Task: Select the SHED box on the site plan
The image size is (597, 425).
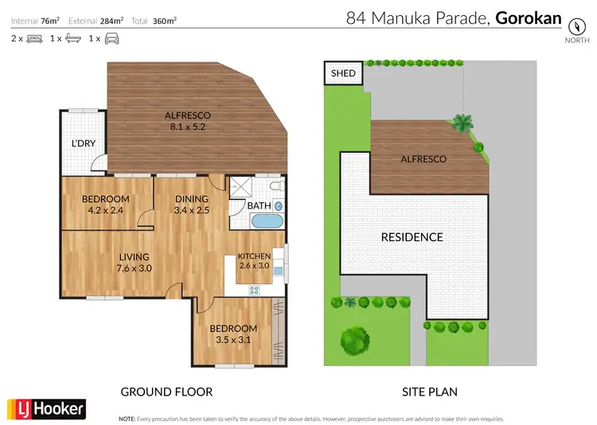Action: click(343, 74)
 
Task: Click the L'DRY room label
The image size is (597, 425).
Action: click(84, 143)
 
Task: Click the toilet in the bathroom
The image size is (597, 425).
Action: click(276, 187)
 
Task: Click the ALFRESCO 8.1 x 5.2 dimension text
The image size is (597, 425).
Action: click(187, 119)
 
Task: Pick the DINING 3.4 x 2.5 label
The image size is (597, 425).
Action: click(192, 205)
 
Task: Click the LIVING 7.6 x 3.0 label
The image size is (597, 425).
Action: click(135, 263)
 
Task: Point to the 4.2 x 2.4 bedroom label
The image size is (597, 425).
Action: click(105, 205)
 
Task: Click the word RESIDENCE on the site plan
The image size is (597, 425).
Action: click(412, 236)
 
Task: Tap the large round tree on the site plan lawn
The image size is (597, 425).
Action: click(354, 341)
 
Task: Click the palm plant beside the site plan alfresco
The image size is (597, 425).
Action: click(461, 123)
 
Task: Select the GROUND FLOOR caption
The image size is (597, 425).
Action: click(166, 392)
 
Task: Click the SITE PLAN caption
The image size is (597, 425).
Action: click(428, 392)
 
